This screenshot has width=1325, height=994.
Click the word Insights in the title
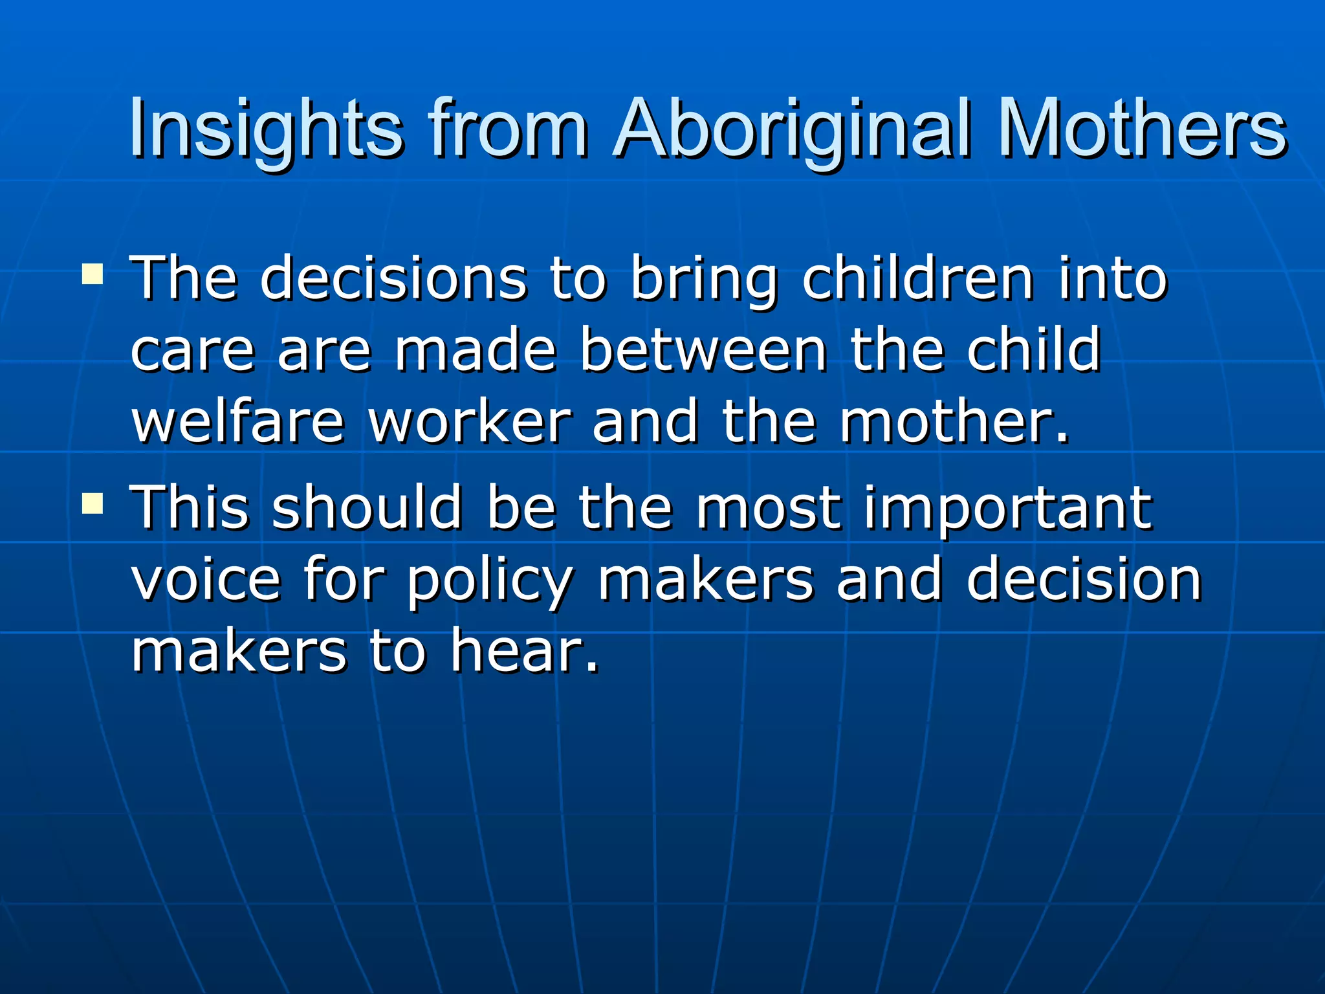tap(265, 129)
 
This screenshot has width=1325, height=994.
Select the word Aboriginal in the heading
tap(793, 129)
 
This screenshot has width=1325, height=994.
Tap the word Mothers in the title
tap(1142, 129)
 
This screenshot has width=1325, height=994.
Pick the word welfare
tap(237, 421)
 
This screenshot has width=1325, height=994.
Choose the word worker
tap(470, 421)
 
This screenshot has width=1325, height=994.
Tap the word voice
tap(206, 579)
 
